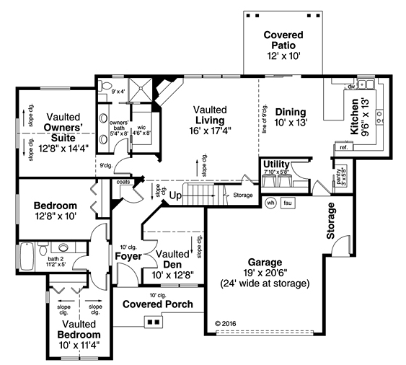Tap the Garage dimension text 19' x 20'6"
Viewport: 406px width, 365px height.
[265, 273]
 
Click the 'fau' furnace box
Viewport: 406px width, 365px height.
[288, 203]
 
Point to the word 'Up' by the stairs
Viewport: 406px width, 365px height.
[175, 195]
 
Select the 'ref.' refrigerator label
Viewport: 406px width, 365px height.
[343, 147]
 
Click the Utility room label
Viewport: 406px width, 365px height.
[276, 164]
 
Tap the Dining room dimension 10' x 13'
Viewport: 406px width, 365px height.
[290, 123]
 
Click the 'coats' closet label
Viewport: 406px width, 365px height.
[123, 182]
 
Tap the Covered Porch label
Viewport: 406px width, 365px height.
[157, 304]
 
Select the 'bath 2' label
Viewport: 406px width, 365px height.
[57, 258]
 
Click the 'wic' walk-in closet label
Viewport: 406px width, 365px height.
[142, 128]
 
